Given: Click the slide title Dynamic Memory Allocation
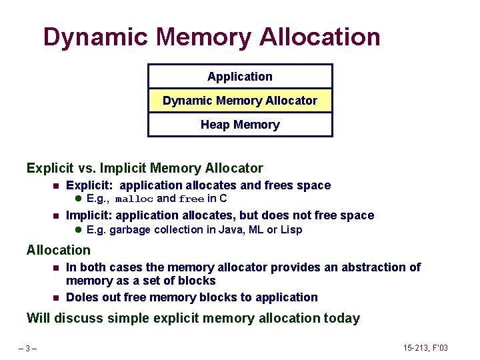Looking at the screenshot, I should point(211,37).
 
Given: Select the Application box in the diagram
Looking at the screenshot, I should point(240,77).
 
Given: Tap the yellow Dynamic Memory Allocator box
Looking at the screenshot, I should point(240,101).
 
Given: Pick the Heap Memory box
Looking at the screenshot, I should point(240,125).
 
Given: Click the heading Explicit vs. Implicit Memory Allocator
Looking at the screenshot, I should point(145,169).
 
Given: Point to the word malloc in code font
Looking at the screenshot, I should point(134,199).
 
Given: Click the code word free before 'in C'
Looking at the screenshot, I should point(191,199).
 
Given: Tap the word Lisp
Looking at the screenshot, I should point(291,230).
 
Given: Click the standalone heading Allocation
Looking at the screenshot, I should point(58,250).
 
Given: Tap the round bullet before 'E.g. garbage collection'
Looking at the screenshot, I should point(77,230).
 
